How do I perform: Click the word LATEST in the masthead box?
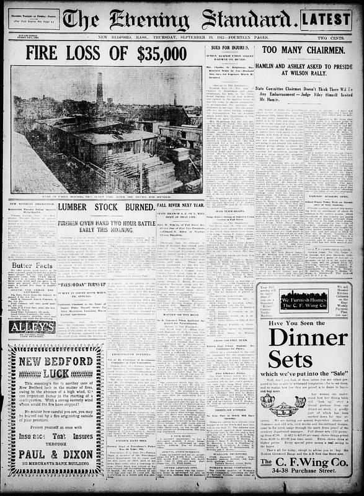pos(326,20)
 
